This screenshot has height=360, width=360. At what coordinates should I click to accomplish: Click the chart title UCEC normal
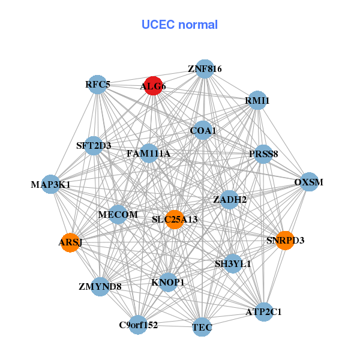tap(179, 25)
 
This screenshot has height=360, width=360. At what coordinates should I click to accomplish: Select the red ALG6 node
tap(153, 86)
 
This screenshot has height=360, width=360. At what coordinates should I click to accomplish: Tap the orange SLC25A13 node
tap(174, 219)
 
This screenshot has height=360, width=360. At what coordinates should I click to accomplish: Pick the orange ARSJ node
tap(70, 242)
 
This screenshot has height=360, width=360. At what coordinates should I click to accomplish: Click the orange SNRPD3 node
tap(284, 240)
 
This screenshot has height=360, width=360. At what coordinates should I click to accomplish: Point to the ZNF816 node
tap(205, 69)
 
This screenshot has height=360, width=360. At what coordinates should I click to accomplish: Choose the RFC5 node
tap(98, 85)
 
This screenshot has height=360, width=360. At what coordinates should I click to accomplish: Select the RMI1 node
tap(257, 100)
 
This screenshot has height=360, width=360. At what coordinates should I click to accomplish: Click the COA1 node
tap(203, 130)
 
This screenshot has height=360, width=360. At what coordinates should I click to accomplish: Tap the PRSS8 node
tap(263, 154)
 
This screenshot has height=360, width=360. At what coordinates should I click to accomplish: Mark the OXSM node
tap(308, 182)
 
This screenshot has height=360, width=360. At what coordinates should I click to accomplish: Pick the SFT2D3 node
tap(94, 145)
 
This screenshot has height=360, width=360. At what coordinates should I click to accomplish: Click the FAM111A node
tap(148, 154)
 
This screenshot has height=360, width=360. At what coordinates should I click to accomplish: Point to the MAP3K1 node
tap(51, 184)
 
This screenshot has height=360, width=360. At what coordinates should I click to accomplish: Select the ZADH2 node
tap(230, 199)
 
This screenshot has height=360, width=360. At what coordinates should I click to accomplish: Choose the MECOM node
tap(118, 214)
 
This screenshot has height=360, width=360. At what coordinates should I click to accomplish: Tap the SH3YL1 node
tap(233, 263)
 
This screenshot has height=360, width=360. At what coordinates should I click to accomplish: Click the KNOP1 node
tap(168, 282)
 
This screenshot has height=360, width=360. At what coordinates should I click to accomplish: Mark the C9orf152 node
tap(138, 325)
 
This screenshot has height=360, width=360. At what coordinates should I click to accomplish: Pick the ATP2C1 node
tap(263, 312)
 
